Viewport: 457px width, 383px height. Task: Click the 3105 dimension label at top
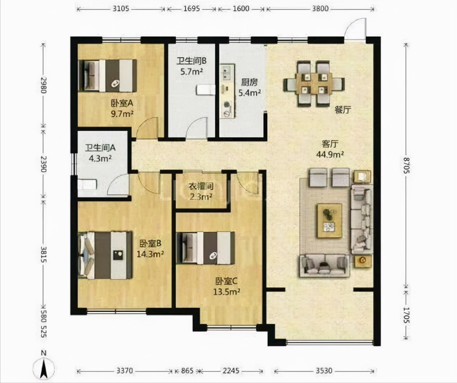point(121,8)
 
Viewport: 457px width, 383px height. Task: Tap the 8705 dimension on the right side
point(406,165)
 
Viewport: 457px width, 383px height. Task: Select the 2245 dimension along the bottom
point(231,371)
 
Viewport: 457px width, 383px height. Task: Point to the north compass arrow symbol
point(44,367)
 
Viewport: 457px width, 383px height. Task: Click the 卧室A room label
point(122,103)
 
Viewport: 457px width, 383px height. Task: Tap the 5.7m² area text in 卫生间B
point(191,71)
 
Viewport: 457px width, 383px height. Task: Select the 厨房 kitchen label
point(249,82)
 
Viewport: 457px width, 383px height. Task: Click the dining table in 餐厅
point(314,84)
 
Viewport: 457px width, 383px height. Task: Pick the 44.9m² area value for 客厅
point(330,154)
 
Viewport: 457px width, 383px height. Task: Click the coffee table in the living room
point(329,221)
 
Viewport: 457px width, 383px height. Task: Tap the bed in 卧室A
point(107,76)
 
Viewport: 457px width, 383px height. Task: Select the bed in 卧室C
point(206,248)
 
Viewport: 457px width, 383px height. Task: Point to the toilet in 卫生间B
point(206,90)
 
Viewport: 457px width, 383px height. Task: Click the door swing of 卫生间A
point(118,184)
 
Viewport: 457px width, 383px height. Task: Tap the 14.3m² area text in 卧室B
point(150,254)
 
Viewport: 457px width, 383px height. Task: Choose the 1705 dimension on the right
point(406,315)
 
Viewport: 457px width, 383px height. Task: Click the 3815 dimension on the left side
point(43,255)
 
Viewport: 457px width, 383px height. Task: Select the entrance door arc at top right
point(355,28)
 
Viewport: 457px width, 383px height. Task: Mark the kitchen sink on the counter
point(227,72)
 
